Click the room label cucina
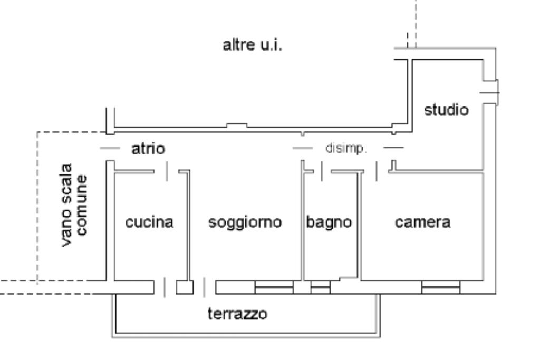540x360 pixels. [x=149, y=222]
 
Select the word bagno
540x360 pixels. [x=329, y=222]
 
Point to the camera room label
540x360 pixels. [x=423, y=222]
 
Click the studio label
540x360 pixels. [x=446, y=111]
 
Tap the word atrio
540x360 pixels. [x=148, y=149]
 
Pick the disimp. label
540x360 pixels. [x=345, y=149]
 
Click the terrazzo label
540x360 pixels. [x=237, y=315]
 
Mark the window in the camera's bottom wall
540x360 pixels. [x=440, y=287]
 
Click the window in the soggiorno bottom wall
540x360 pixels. [x=274, y=287]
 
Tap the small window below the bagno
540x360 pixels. [x=320, y=288]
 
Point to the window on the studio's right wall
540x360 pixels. [x=490, y=91]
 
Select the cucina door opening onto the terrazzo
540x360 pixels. [x=165, y=288]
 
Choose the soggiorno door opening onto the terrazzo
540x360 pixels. [x=205, y=288]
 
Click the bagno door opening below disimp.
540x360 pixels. [x=322, y=171]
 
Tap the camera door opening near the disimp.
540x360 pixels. [x=377, y=171]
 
